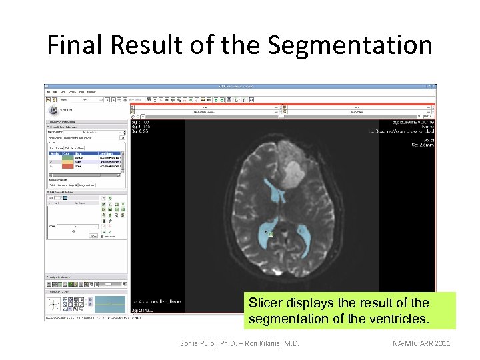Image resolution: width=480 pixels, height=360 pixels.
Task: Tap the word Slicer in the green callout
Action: [265, 302]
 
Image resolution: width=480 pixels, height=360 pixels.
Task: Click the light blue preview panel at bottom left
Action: [109, 304]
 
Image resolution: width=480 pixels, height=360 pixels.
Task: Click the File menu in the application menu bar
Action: [47, 91]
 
